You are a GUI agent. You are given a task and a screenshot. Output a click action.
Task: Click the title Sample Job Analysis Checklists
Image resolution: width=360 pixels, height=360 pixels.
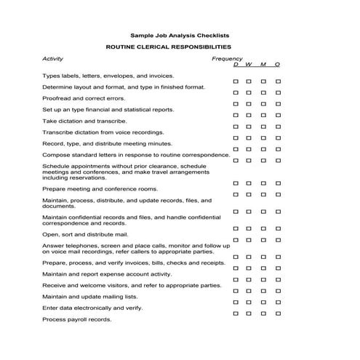(x=180, y=34)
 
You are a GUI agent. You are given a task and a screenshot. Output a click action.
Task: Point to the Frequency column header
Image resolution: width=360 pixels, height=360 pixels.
(x=227, y=58)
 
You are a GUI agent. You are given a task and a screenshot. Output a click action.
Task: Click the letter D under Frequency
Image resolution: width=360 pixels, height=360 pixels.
(x=235, y=65)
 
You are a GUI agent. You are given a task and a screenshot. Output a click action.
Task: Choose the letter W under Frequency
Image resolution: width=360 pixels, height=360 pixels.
(x=249, y=65)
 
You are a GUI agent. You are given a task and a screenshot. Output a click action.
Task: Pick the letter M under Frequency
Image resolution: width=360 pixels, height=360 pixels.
(x=263, y=65)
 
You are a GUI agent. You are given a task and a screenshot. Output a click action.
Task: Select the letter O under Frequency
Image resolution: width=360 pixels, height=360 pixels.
(x=278, y=65)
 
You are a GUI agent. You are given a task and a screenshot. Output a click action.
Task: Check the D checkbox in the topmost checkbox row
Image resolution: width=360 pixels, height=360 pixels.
(x=235, y=81)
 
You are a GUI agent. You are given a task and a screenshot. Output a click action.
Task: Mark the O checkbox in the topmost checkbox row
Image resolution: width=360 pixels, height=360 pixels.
(x=278, y=81)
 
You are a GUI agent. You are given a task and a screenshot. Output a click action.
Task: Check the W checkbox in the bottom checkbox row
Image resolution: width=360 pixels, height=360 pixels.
(x=249, y=313)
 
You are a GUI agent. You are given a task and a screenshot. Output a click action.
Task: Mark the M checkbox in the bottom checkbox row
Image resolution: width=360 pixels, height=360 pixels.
(x=263, y=313)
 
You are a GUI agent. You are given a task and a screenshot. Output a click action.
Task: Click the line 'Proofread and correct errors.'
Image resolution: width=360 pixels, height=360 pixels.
(x=83, y=98)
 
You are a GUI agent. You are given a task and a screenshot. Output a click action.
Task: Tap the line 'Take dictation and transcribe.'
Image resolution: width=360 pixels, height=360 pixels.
(x=84, y=121)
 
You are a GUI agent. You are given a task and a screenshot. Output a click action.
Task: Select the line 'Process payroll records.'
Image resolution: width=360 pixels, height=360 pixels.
(x=77, y=319)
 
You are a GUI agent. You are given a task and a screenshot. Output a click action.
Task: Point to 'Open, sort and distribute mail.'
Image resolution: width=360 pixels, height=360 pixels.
(x=85, y=235)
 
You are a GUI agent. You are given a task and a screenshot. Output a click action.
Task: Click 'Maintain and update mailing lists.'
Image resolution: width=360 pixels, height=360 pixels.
(x=89, y=297)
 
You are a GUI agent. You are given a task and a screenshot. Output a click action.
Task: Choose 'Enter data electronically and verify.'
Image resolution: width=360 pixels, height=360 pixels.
(x=92, y=308)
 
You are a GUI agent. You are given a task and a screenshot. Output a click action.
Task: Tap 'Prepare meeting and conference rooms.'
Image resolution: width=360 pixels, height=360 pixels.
(x=95, y=189)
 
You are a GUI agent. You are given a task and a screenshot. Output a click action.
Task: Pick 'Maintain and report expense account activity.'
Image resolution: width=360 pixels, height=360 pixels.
(x=107, y=274)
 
